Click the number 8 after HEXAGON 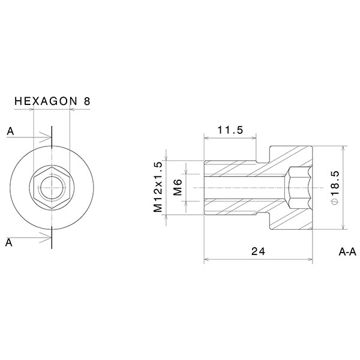[87, 102]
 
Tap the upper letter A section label [10, 131]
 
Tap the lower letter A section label [10, 242]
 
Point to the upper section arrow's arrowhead [47, 139]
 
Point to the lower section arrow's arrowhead [47, 236]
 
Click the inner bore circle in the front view [52, 187]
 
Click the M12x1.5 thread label [158, 187]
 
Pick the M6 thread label [178, 187]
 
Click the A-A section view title [347, 252]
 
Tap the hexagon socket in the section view [298, 187]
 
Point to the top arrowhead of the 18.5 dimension [343, 148]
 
